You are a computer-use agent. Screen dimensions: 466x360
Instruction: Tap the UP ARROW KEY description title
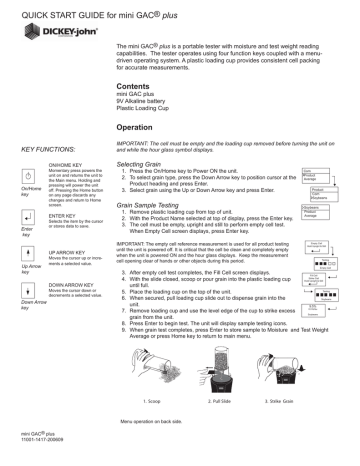pos(68,253)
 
